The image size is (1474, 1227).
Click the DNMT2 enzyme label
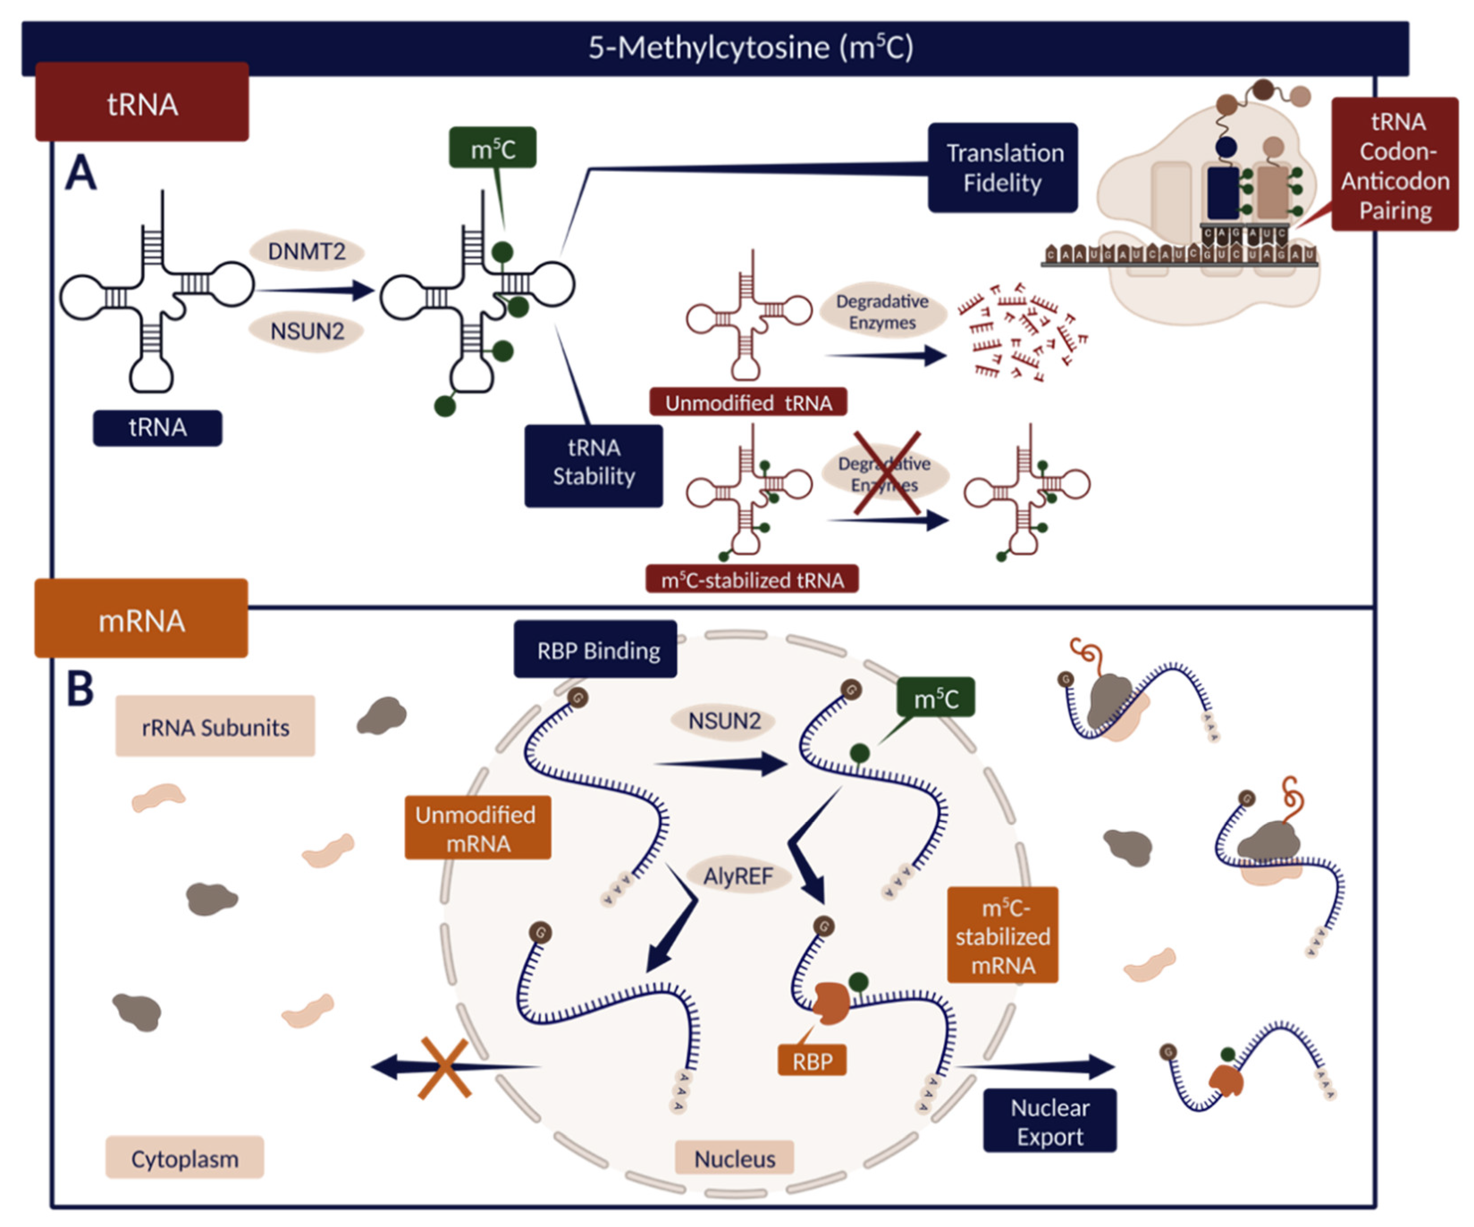[x=307, y=251]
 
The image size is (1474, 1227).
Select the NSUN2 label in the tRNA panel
[x=307, y=331]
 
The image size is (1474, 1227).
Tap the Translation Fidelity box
[x=1002, y=168]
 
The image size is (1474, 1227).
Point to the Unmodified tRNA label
[x=748, y=403]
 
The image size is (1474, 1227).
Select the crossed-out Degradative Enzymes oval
[x=884, y=473]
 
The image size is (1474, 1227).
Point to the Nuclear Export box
[x=1049, y=1121]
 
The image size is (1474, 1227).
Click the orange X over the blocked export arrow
[x=444, y=1067]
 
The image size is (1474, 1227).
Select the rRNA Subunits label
[x=215, y=727]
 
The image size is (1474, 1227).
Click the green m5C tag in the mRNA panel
[x=935, y=698]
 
